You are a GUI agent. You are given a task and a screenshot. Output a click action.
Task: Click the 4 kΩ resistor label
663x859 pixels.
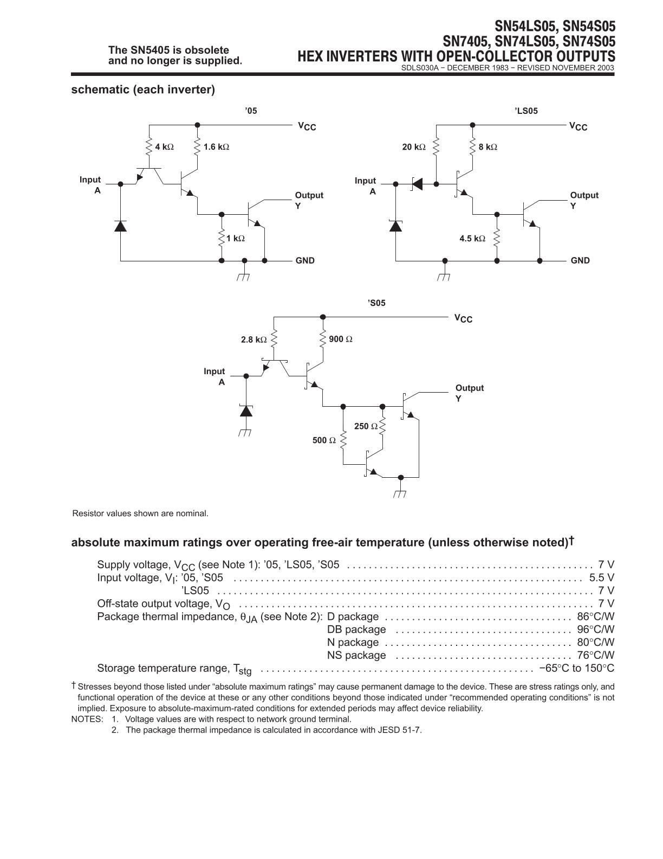coord(164,147)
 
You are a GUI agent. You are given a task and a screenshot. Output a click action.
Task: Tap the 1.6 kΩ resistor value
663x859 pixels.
coord(216,147)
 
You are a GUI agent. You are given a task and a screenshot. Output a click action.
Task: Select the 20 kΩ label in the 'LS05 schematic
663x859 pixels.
coord(414,147)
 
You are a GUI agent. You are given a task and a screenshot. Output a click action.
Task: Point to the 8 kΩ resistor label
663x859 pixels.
coord(487,147)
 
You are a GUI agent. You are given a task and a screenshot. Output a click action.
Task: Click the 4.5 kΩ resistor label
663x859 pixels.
coord(472,239)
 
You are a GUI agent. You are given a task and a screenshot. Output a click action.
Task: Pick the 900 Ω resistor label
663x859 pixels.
coord(341,339)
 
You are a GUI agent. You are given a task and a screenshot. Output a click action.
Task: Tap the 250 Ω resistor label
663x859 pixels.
coord(366,426)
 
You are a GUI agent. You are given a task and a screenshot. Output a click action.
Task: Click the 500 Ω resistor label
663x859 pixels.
coord(324,440)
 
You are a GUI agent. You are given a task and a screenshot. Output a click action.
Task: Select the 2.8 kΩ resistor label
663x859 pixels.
coord(254,339)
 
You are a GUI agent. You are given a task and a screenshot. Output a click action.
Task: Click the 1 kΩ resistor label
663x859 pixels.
coord(235,239)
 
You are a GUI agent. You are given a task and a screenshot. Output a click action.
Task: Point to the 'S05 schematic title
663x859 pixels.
coord(376,303)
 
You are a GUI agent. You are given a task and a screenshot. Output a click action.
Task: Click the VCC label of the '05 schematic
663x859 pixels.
coord(307,126)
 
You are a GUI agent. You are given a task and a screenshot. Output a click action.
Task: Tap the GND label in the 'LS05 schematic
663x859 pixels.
coord(580,260)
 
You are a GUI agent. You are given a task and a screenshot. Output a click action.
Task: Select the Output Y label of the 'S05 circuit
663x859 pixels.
coord(470,393)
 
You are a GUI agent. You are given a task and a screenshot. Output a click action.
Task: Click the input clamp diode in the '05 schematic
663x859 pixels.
coord(120,226)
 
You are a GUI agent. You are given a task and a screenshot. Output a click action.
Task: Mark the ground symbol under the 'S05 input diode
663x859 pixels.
coord(245,433)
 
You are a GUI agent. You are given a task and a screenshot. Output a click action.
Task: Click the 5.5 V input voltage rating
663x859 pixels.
coord(602,578)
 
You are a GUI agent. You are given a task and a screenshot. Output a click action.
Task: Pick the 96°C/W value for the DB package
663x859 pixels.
coord(595,629)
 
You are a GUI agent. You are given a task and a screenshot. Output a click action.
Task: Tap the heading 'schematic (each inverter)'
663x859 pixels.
coord(143,89)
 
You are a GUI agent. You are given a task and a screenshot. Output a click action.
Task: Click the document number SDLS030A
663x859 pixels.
coord(418,68)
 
